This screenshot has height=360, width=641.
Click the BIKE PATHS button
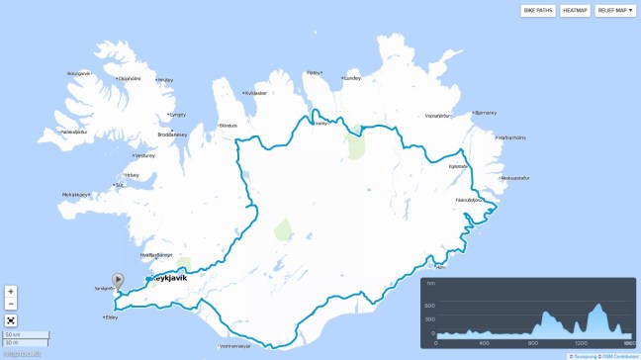click(x=538, y=11)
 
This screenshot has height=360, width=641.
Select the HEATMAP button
click(x=575, y=11)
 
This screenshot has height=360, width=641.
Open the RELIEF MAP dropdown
click(x=615, y=11)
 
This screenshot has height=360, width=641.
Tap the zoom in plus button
click(x=11, y=292)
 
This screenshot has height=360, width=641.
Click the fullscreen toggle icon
click(x=11, y=319)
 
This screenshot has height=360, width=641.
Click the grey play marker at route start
click(x=118, y=281)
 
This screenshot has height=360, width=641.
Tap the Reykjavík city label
click(x=174, y=280)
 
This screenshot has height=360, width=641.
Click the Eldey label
click(x=111, y=317)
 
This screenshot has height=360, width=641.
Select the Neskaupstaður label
click(x=515, y=178)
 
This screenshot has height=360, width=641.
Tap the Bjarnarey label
click(x=485, y=113)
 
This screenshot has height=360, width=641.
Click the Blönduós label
click(x=229, y=126)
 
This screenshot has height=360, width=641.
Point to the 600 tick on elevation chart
click(x=430, y=305)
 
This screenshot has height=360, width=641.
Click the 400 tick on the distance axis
click(x=484, y=343)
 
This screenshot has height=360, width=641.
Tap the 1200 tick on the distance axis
click(x=581, y=343)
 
